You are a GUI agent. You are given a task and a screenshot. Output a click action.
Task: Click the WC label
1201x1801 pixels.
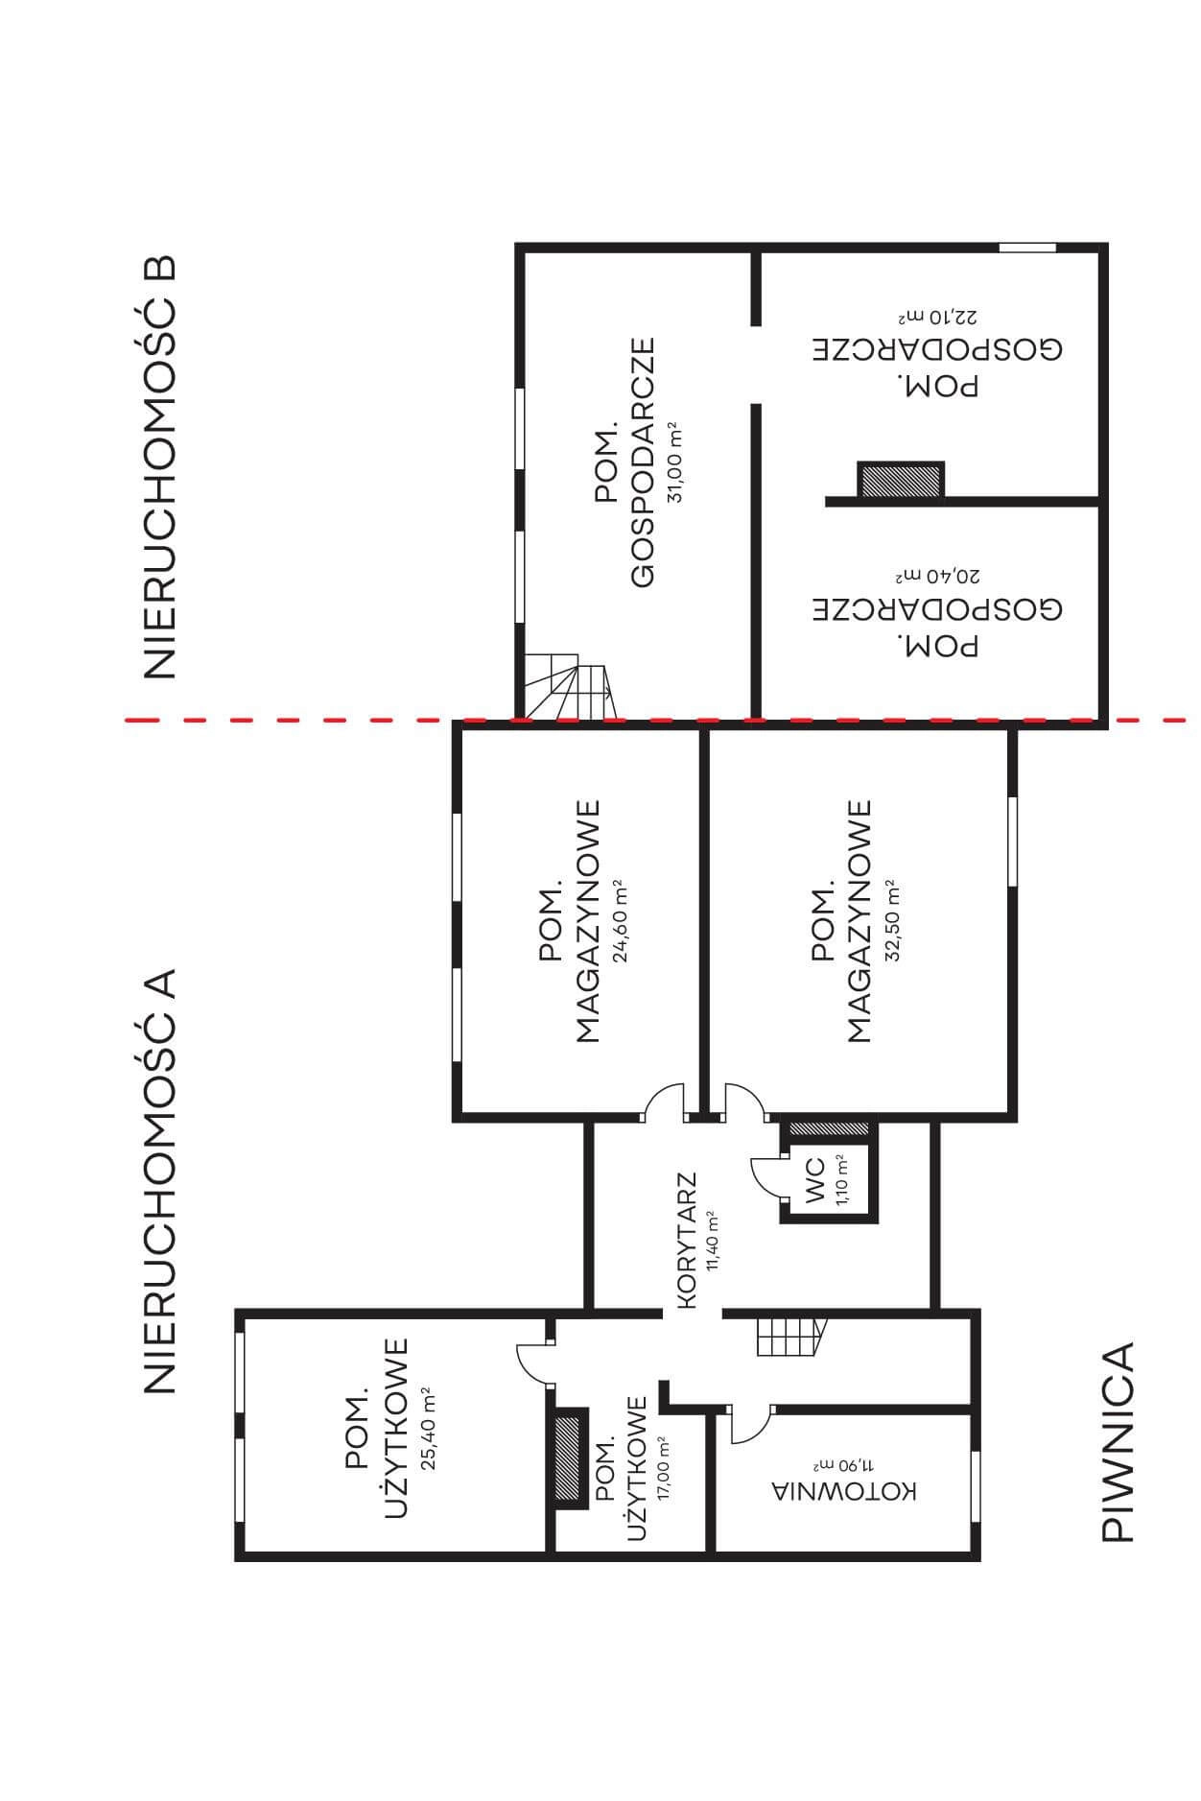click(x=815, y=1181)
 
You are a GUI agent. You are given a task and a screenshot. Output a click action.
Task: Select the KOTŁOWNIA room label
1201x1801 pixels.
click(x=845, y=1491)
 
